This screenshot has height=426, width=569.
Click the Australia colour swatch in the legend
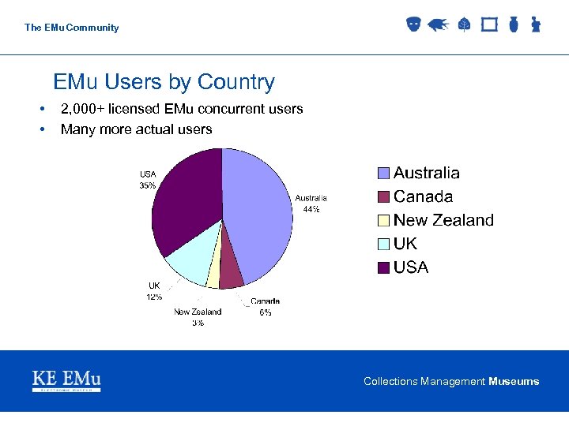[383, 174]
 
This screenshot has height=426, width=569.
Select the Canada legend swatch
[383, 197]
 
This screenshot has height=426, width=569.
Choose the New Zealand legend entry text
[443, 221]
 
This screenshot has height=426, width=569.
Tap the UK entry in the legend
[405, 245]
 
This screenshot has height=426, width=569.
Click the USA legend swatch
[383, 268]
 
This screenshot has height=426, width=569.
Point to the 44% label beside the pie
[311, 209]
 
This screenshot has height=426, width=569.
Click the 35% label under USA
[147, 186]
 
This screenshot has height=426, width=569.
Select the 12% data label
[154, 297]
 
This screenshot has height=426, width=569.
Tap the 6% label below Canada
[265, 312]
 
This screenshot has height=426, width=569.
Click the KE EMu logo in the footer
[66, 381]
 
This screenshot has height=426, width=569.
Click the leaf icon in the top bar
[464, 24]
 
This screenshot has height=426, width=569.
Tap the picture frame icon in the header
[489, 24]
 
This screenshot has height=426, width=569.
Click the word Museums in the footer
[514, 382]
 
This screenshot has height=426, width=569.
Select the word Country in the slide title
[236, 82]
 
